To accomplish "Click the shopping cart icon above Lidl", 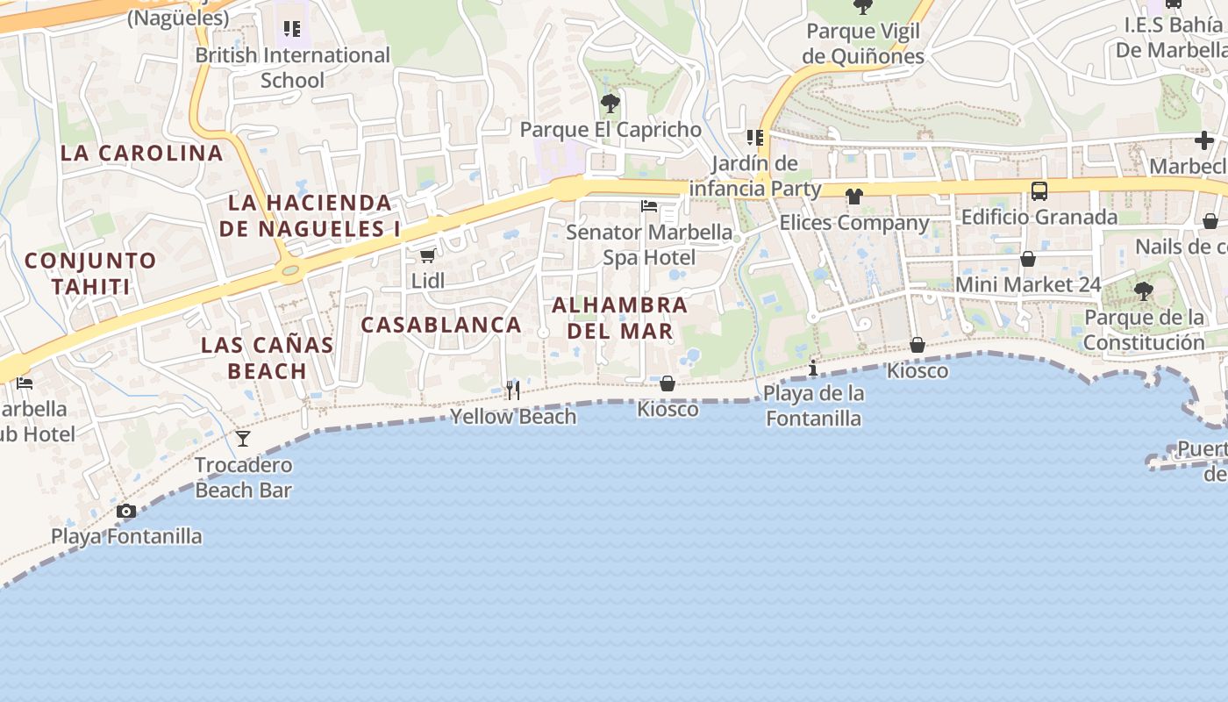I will click(427, 255).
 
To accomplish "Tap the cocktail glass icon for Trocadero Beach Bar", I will click(243, 438).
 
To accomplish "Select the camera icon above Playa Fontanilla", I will click(126, 511).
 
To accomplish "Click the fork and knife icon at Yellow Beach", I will click(513, 390).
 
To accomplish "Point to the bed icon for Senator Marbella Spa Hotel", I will click(649, 206).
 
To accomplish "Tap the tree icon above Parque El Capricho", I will click(610, 104).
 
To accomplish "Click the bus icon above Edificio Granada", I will click(1039, 190).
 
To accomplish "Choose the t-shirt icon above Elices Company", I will click(854, 196).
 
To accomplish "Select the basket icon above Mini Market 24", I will click(1028, 259).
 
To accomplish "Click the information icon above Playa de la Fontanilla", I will click(813, 368).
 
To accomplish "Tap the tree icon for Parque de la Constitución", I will click(1143, 291).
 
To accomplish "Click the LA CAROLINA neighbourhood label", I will click(142, 153).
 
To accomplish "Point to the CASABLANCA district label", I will click(441, 325).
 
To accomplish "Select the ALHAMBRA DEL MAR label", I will click(620, 318).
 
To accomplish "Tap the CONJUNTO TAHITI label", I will click(90, 273).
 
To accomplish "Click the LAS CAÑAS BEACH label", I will click(268, 357).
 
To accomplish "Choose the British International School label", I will click(292, 67).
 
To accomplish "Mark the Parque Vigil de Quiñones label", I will click(863, 44).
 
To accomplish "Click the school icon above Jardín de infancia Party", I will click(754, 138).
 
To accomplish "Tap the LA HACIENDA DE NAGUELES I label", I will click(310, 215).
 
